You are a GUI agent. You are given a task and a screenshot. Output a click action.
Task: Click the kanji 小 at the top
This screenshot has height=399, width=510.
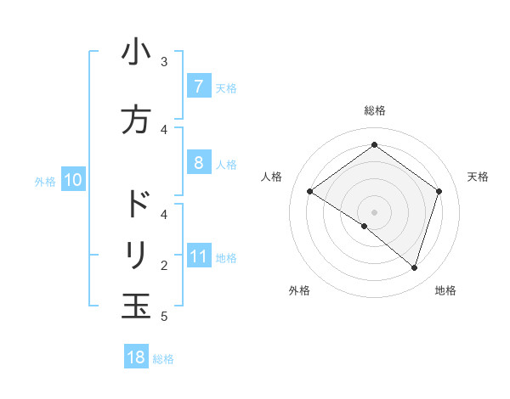click(x=136, y=53)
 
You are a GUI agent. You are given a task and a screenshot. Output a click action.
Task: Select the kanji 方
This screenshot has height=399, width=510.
click(x=136, y=120)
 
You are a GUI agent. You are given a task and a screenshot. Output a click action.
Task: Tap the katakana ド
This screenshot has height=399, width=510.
click(x=136, y=205)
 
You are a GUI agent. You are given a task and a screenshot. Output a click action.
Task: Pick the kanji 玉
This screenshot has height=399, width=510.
click(x=136, y=305)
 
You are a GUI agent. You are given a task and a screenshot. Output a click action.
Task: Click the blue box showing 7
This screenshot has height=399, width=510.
click(x=198, y=86)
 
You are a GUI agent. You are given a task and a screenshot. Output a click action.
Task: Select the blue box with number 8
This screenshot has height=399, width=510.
click(x=198, y=163)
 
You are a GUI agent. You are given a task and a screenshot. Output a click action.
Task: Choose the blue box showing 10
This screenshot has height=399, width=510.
click(x=72, y=180)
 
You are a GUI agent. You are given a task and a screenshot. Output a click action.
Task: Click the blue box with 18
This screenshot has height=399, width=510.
click(x=136, y=357)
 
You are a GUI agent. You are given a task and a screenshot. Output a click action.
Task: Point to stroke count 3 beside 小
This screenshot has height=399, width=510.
click(x=164, y=62)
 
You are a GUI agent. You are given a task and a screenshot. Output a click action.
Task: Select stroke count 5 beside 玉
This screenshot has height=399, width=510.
click(x=164, y=317)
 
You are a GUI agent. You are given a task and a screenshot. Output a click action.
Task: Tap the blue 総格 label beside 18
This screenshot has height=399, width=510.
click(x=163, y=359)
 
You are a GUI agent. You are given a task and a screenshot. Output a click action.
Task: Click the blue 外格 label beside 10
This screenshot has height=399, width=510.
click(x=45, y=182)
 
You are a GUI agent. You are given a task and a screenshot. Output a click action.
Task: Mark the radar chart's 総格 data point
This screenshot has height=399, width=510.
click(x=374, y=145)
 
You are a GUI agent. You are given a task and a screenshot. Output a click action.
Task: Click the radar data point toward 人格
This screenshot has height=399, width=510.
click(x=310, y=192)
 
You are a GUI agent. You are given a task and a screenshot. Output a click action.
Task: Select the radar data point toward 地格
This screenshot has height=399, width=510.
click(x=414, y=267)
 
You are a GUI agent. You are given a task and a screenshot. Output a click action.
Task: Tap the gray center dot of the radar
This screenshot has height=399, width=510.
click(x=374, y=211)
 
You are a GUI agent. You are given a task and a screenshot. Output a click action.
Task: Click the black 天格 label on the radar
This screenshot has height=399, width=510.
click(x=479, y=177)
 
